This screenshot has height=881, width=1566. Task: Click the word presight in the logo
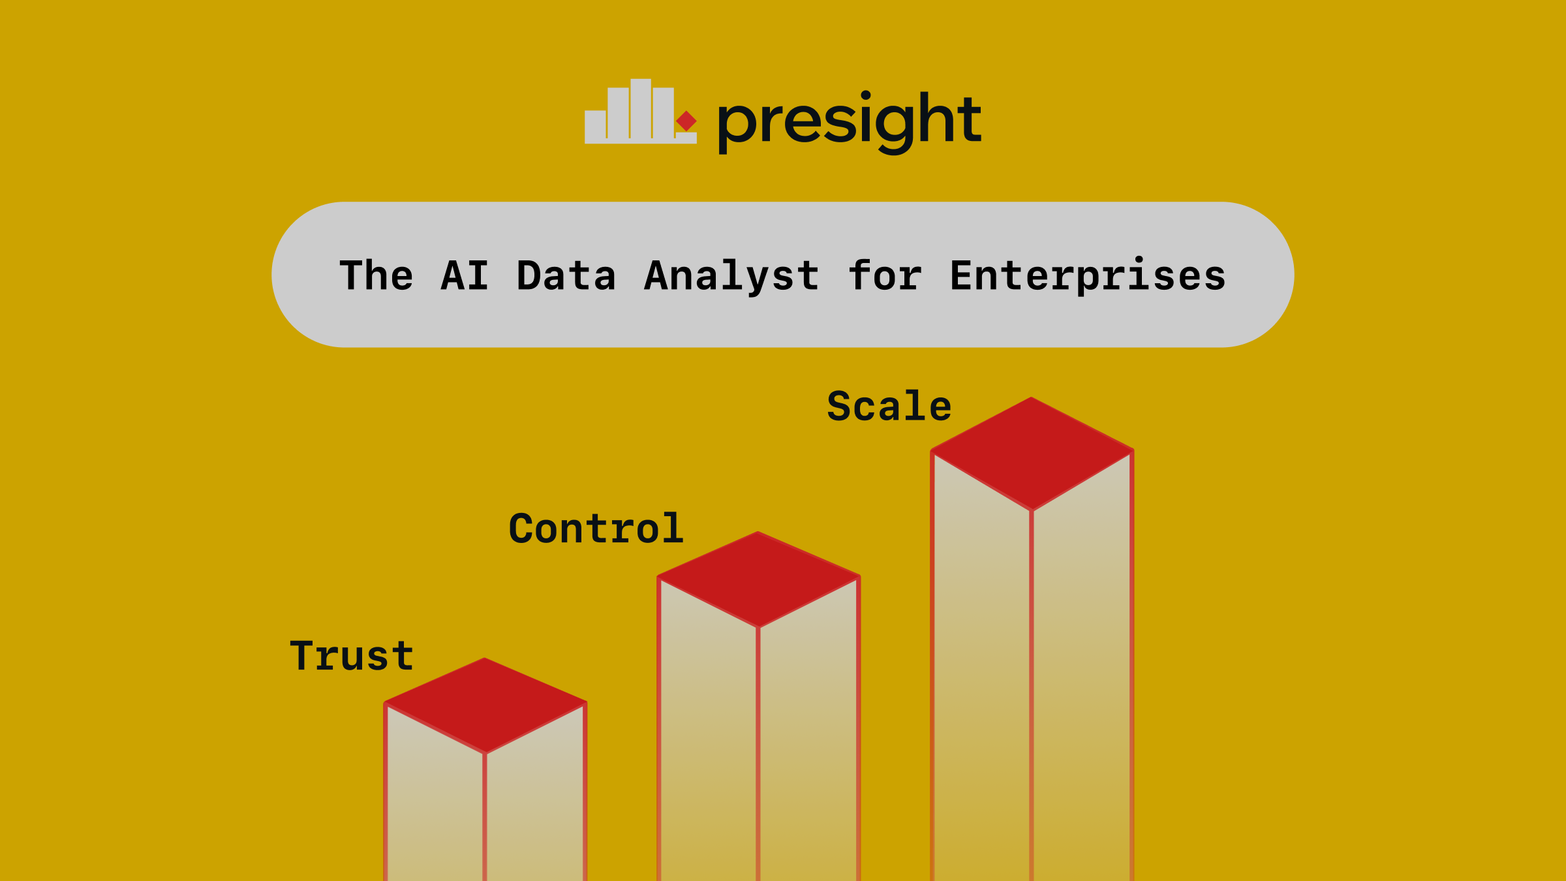click(x=850, y=122)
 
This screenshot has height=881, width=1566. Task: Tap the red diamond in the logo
click(x=686, y=121)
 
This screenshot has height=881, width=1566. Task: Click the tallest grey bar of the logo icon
click(x=641, y=110)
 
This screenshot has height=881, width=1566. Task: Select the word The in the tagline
click(x=376, y=275)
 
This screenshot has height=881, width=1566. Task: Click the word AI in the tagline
click(x=465, y=275)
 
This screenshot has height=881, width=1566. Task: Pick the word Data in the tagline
click(x=566, y=275)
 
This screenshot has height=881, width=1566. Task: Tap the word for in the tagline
click(x=885, y=275)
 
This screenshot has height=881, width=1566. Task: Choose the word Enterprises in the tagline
click(x=1088, y=276)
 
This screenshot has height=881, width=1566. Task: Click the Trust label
click(x=352, y=656)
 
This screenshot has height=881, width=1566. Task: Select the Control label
click(x=596, y=528)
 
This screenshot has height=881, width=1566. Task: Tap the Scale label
click(x=889, y=406)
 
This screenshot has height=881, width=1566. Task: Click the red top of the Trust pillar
click(x=485, y=705)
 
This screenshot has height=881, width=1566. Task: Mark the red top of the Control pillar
click(x=758, y=580)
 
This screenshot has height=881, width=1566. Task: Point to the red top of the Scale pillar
click(x=1032, y=454)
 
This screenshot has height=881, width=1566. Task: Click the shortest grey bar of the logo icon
click(x=686, y=138)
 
